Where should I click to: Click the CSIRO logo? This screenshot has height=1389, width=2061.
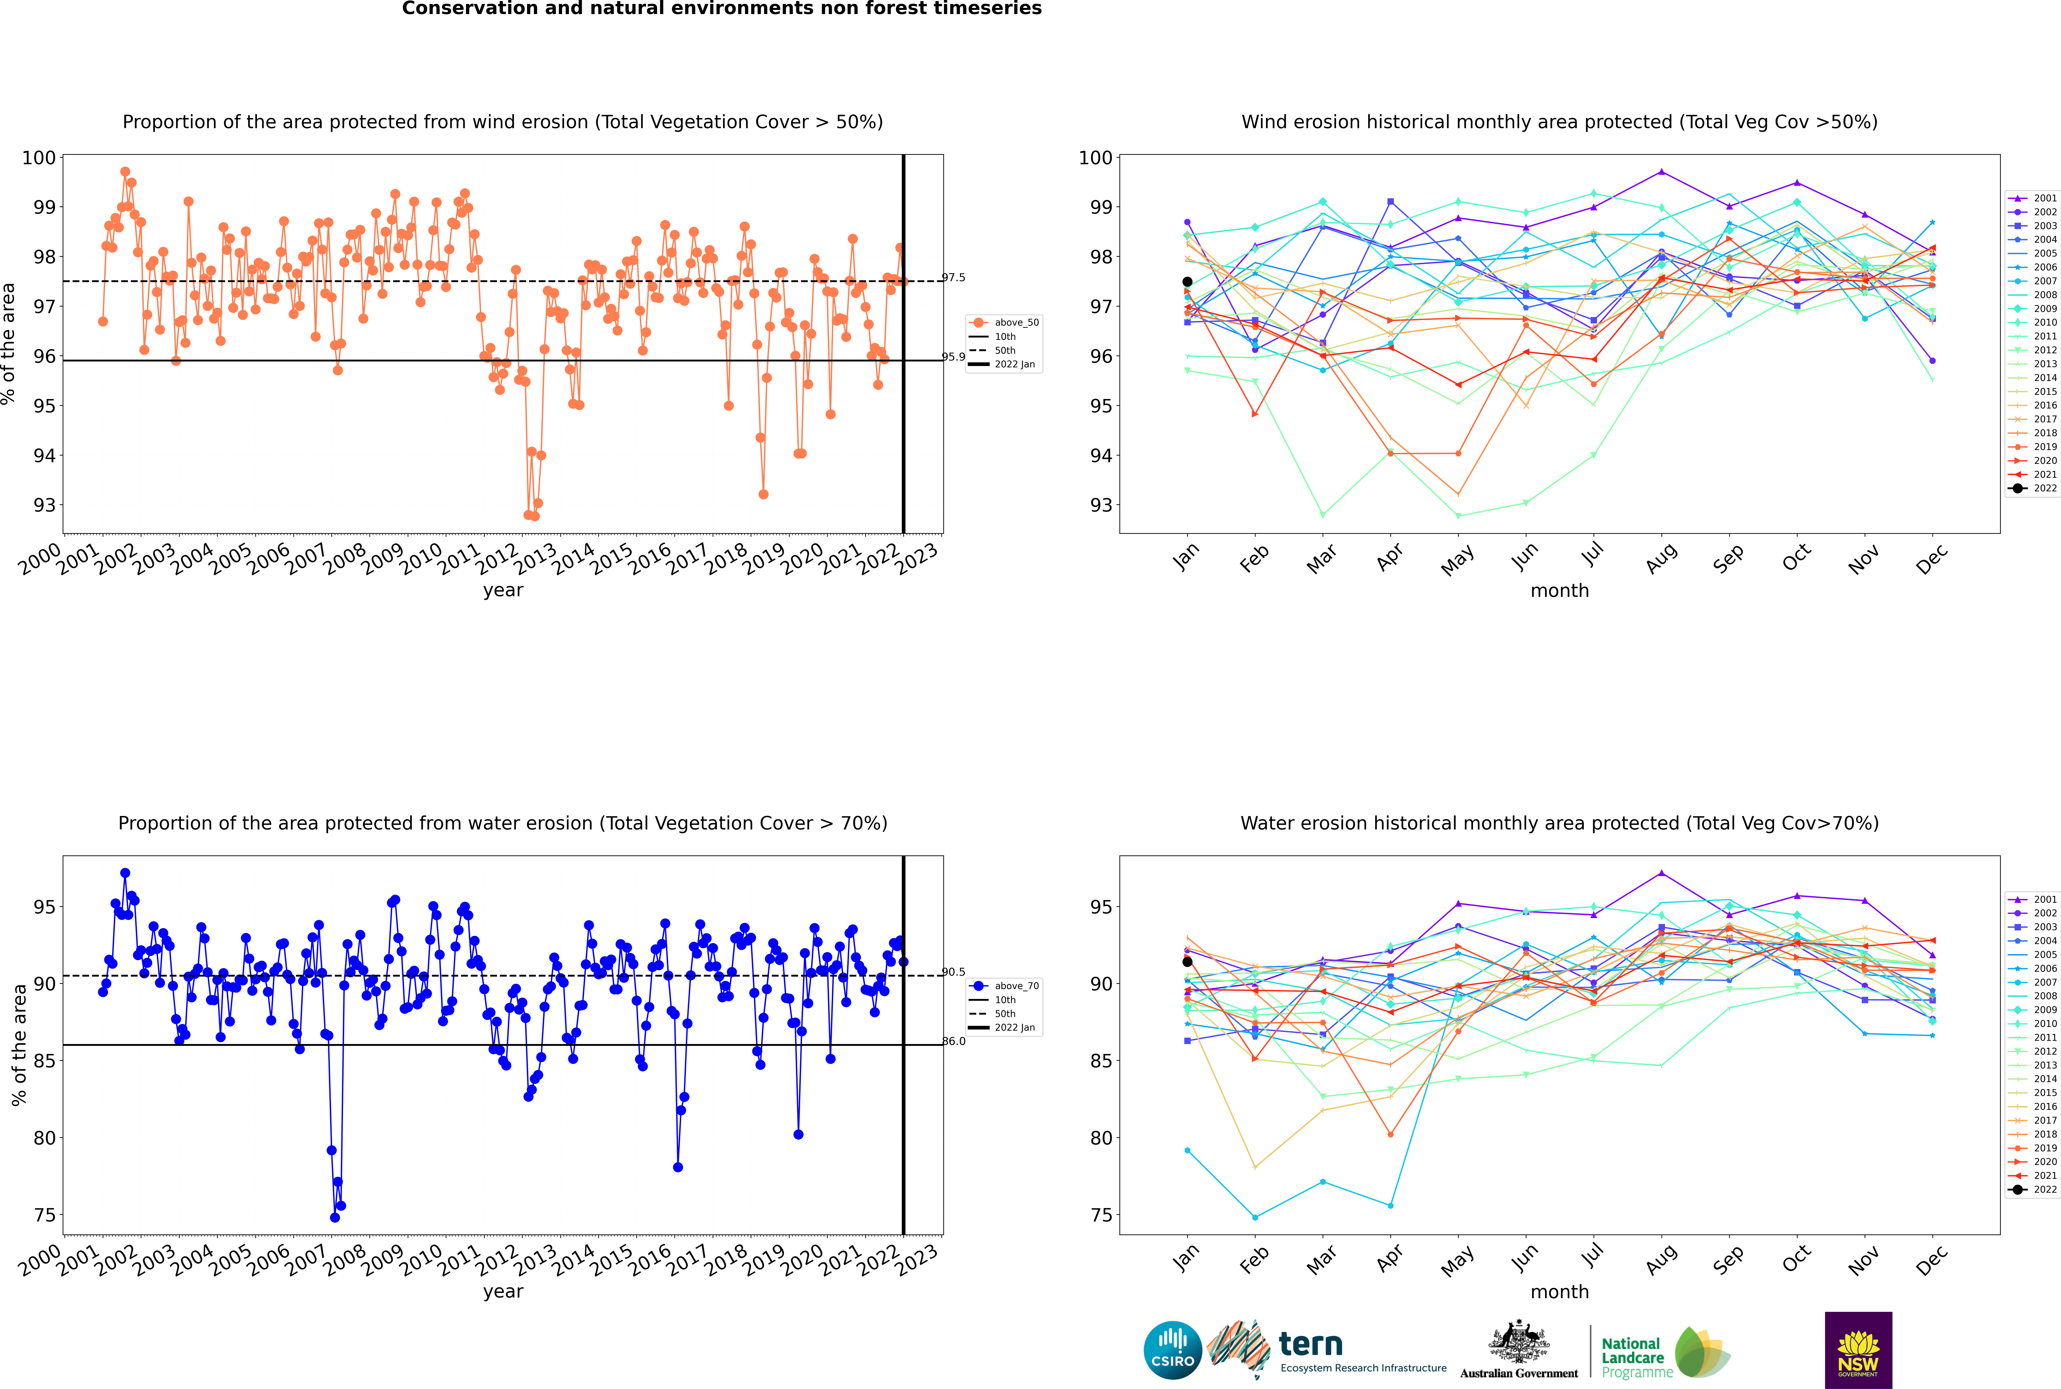[x=1172, y=1350]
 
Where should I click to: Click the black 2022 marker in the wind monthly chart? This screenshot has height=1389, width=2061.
[x=1187, y=282]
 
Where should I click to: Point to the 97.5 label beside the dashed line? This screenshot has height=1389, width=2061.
[x=953, y=277]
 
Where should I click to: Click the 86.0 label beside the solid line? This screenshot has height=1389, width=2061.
[x=953, y=1041]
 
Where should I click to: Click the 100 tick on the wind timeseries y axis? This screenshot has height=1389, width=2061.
[x=39, y=158]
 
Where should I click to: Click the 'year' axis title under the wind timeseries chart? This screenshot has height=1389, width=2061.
[x=503, y=591]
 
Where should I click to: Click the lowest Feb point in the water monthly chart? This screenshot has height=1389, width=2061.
[x=1255, y=1217]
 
